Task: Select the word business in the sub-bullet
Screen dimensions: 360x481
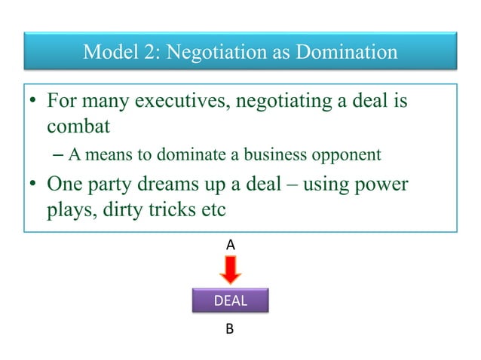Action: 275,156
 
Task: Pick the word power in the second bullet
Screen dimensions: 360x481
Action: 378,185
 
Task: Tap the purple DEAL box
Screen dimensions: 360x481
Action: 231,301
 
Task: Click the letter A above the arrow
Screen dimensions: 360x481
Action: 231,245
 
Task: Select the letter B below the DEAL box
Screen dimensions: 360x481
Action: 231,329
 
